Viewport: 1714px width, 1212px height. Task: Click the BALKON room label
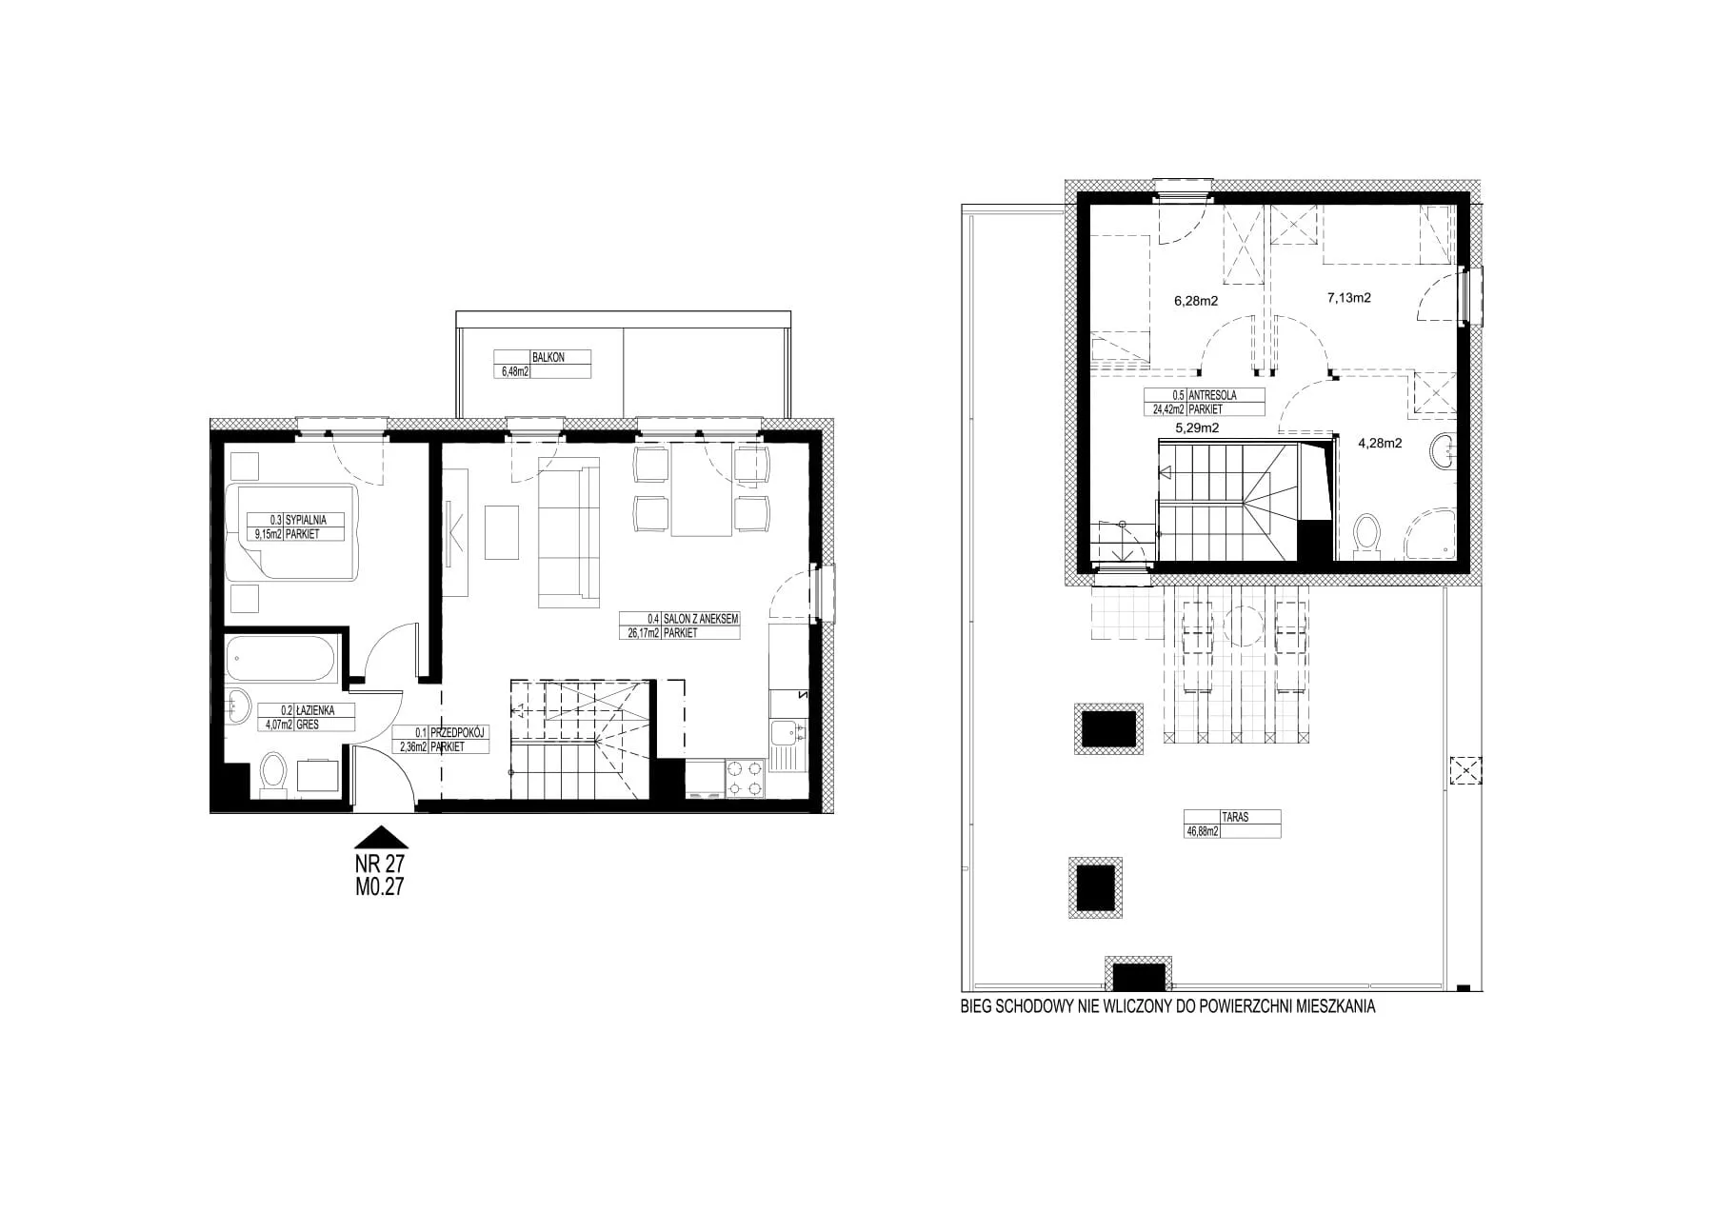click(x=548, y=357)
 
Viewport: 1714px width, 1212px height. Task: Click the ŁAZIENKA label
click(x=313, y=710)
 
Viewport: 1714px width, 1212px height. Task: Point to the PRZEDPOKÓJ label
click(x=459, y=733)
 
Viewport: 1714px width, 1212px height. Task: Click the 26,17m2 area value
click(x=640, y=632)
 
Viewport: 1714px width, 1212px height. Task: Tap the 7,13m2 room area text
click(x=1349, y=298)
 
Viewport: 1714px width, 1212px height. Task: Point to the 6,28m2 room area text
click(x=1197, y=301)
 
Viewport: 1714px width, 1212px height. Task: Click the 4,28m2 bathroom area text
click(x=1380, y=442)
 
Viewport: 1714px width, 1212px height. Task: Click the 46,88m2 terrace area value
click(x=1202, y=830)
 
